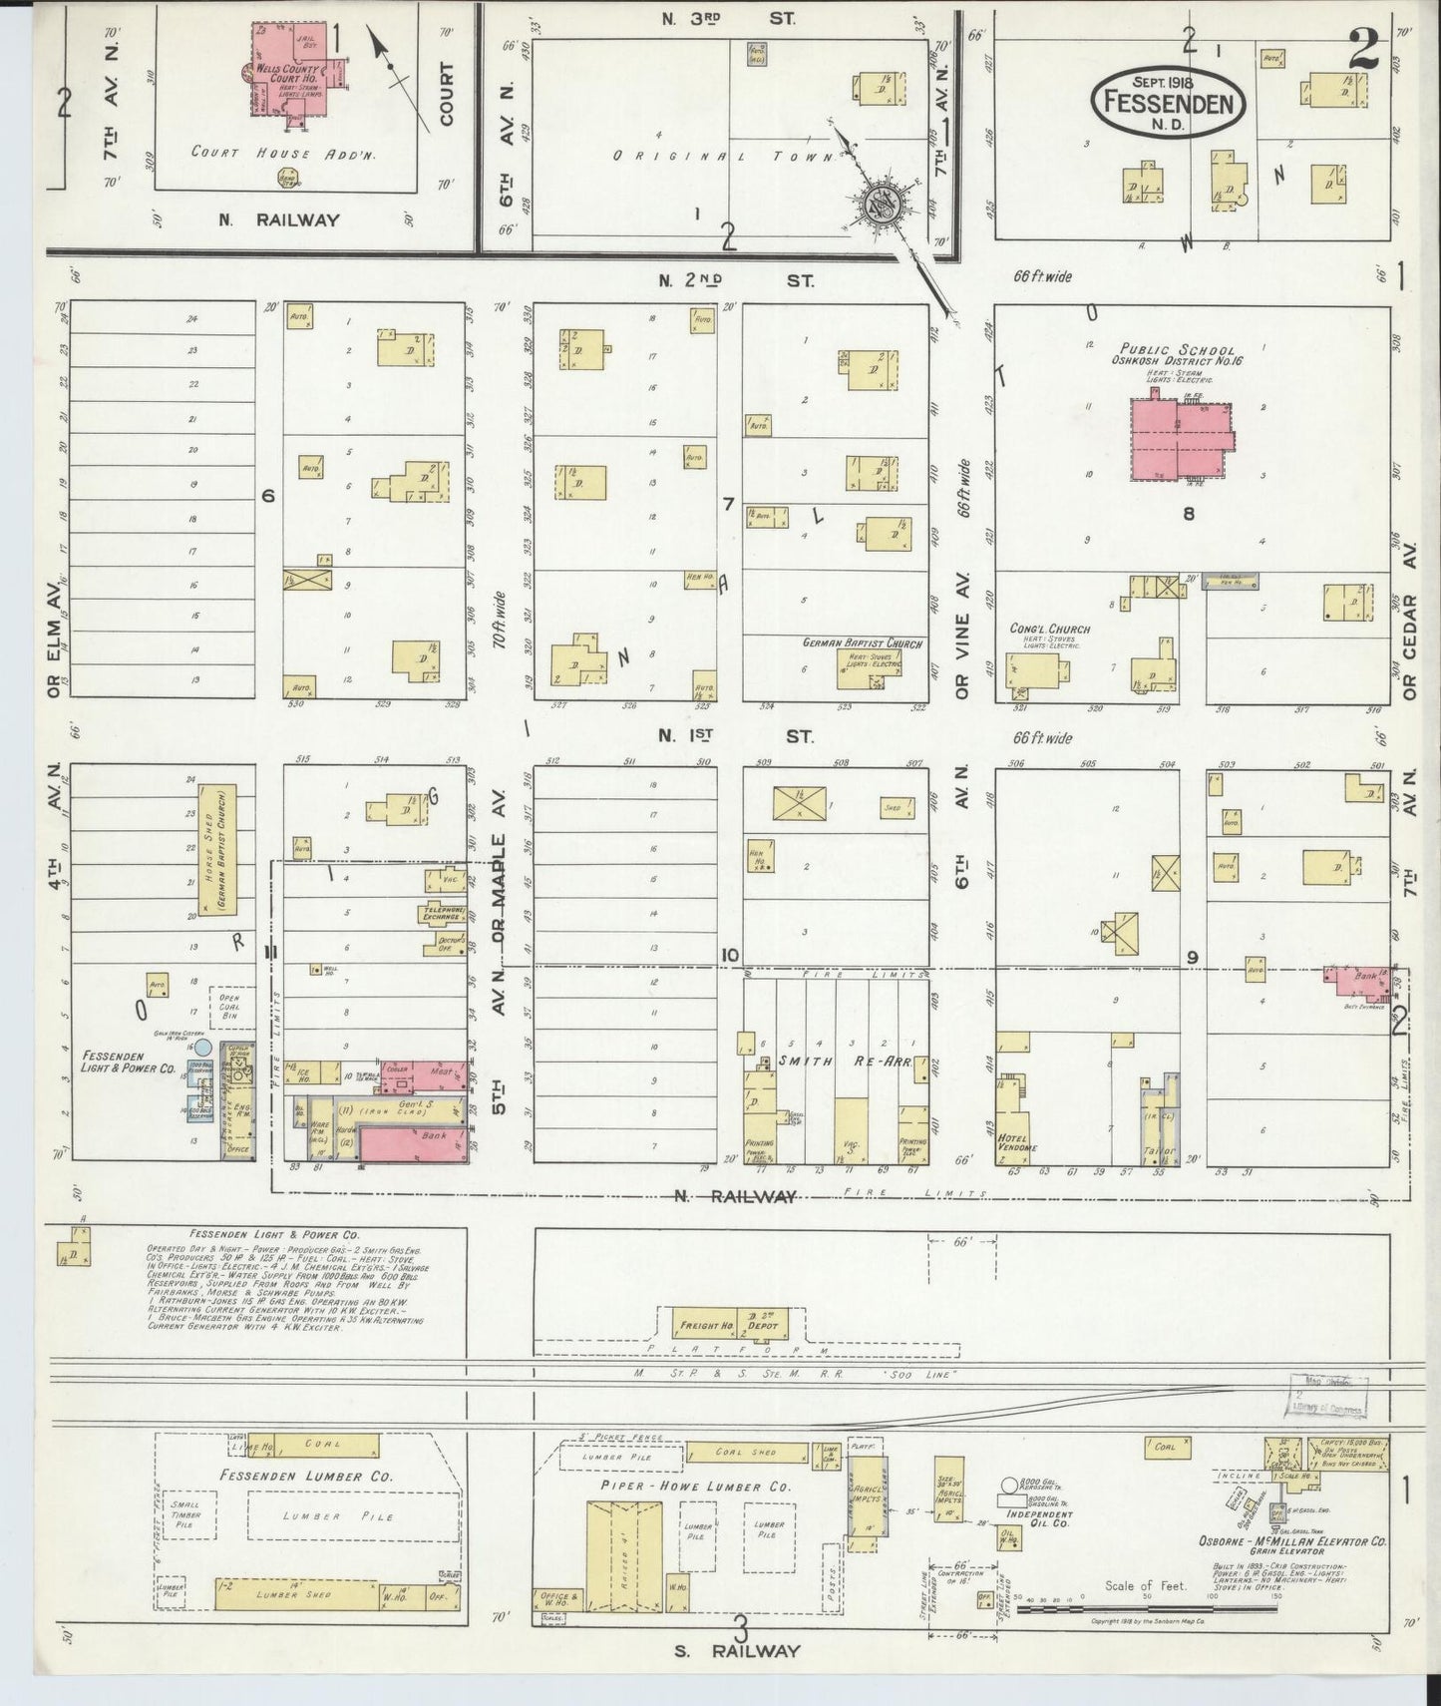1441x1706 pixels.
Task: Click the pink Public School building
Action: click(1178, 438)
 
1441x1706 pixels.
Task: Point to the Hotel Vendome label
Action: click(1017, 1141)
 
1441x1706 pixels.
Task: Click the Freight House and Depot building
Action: click(731, 1324)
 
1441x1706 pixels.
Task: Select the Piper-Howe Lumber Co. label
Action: click(695, 1486)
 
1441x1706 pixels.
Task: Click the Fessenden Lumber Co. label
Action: click(306, 1475)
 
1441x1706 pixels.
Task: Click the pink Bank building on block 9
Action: click(1358, 982)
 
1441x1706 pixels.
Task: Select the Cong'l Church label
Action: click(1048, 629)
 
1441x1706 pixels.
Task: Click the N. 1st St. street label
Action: click(735, 736)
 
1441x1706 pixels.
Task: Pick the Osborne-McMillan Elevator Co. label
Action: click(1291, 1569)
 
